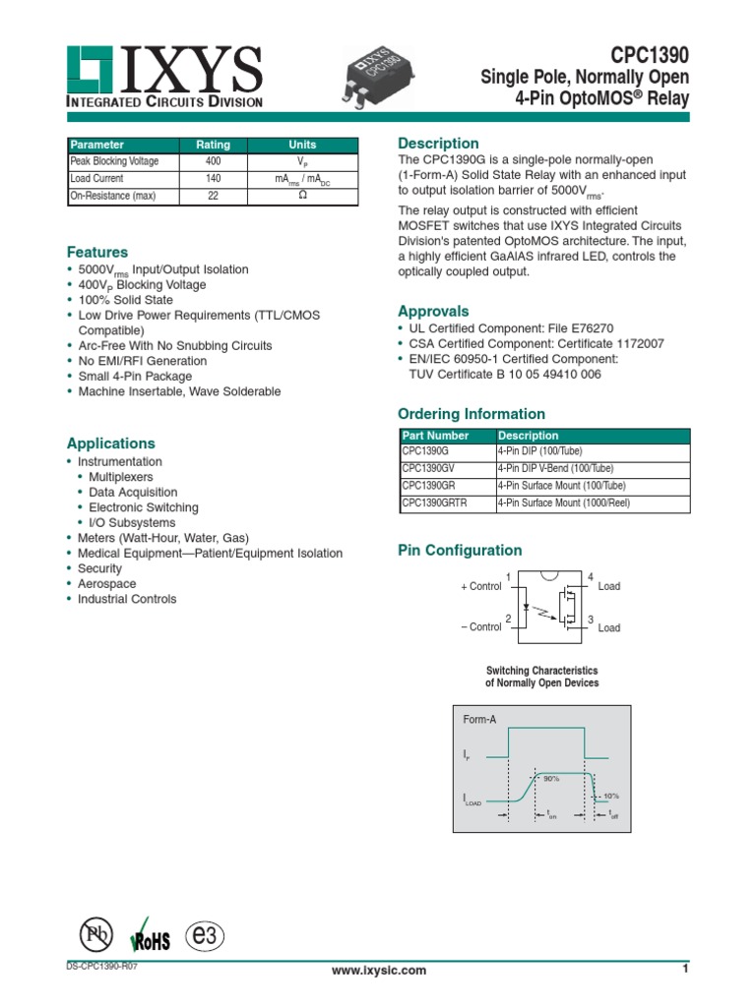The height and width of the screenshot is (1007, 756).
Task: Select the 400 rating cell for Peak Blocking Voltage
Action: click(213, 161)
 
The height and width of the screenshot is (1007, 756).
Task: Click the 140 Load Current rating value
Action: click(213, 179)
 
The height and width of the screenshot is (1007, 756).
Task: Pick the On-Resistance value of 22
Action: click(213, 196)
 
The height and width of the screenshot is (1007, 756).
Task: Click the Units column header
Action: click(302, 145)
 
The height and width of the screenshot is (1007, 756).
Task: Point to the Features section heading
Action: click(96, 252)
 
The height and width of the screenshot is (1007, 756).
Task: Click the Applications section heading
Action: click(110, 444)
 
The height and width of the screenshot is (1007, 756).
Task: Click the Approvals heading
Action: click(432, 311)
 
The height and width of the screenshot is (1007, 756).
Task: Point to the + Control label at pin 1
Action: click(481, 586)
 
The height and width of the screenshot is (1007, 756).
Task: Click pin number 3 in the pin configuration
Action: click(591, 621)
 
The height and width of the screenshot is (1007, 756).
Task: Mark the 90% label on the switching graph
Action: click(551, 778)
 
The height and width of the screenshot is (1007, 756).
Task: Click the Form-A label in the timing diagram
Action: click(480, 720)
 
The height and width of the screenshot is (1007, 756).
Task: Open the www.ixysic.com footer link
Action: click(379, 971)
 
